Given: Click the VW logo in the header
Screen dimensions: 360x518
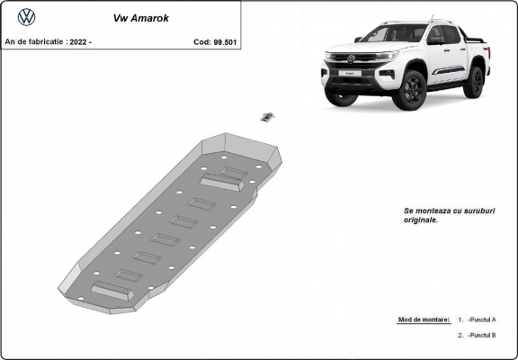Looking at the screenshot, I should (x=27, y=16).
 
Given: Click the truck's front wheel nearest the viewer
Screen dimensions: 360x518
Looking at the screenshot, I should (x=413, y=90).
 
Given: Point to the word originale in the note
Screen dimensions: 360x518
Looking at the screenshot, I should (x=422, y=220).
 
